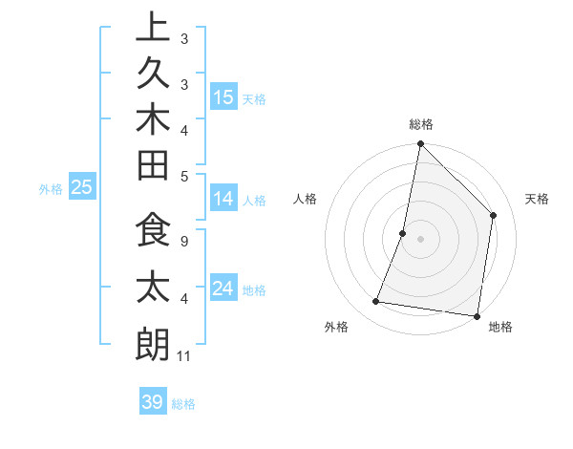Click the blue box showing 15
tap(223, 97)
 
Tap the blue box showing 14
tap(223, 199)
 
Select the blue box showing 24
tap(223, 289)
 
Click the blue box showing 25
tap(82, 188)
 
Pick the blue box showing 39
tap(153, 402)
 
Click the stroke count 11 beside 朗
tap(184, 356)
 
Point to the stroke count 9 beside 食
tap(183, 241)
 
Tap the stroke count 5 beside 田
tap(183, 176)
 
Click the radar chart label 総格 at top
tap(420, 124)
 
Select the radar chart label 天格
tap(537, 199)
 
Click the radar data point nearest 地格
tap(477, 315)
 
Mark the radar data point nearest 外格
tap(376, 302)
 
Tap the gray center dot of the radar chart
tap(420, 239)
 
